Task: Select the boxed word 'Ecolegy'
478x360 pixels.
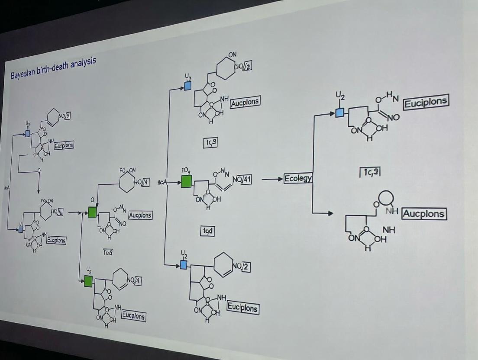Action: point(298,178)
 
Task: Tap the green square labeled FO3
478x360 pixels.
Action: point(186,181)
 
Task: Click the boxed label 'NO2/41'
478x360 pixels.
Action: point(242,180)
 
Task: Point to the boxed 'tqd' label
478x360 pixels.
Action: point(208,231)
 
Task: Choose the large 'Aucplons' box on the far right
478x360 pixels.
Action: point(423,213)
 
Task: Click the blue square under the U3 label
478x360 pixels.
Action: point(187,86)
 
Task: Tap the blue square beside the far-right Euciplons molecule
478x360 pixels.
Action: point(340,112)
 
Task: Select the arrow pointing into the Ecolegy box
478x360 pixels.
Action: point(273,179)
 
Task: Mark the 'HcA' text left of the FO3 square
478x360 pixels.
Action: point(162,182)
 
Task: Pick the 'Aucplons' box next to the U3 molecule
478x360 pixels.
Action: point(245,103)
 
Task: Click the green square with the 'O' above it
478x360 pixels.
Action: point(92,212)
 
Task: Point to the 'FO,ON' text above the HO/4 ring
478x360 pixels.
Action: point(128,170)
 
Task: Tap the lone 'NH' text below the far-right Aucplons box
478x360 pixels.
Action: point(389,230)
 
